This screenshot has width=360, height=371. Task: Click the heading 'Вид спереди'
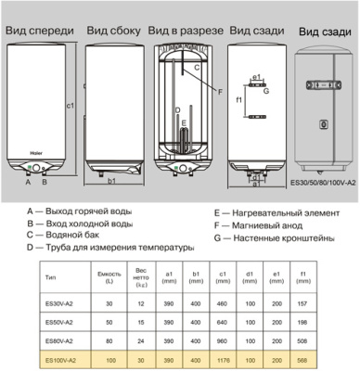(38, 32)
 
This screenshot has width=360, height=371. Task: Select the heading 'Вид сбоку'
(111, 32)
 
